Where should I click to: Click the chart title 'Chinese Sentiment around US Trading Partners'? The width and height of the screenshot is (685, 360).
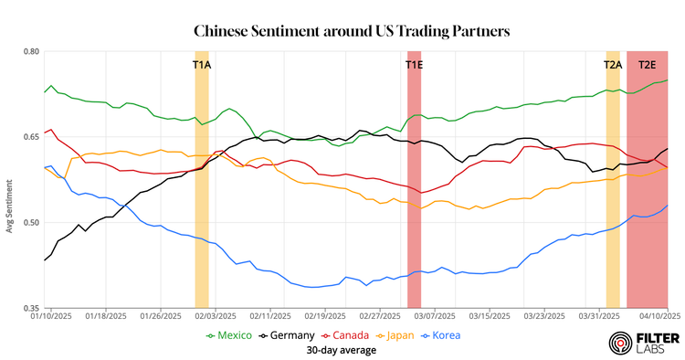pyautogui.click(x=352, y=32)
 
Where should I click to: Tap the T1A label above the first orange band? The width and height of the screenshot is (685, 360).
pyautogui.click(x=201, y=65)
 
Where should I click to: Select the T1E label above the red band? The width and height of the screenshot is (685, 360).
pyautogui.click(x=414, y=65)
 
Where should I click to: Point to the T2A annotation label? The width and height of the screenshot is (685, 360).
pyautogui.click(x=613, y=65)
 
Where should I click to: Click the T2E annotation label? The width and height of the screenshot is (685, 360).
pyautogui.click(x=647, y=65)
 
